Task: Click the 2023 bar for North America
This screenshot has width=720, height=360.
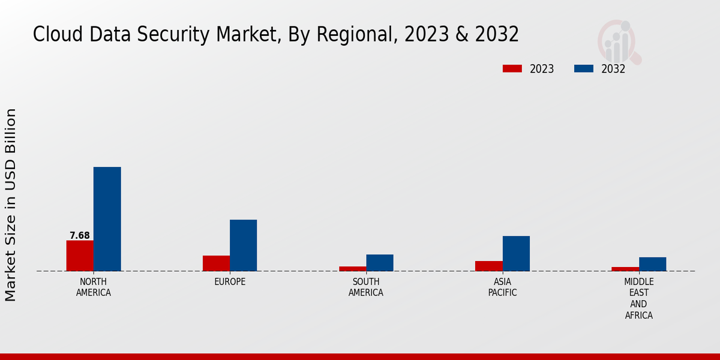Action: pyautogui.click(x=80, y=256)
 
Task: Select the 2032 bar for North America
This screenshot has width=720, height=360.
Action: pyautogui.click(x=107, y=219)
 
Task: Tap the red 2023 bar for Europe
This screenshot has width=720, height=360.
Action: pyautogui.click(x=216, y=263)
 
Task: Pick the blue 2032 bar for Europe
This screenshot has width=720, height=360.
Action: pyautogui.click(x=243, y=245)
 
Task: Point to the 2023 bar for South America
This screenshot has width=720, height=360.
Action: pyautogui.click(x=352, y=269)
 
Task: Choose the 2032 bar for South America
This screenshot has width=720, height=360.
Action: pyautogui.click(x=380, y=263)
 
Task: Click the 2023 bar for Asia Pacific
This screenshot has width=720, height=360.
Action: pyautogui.click(x=488, y=266)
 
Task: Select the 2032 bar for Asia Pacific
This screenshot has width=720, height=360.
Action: pyautogui.click(x=516, y=253)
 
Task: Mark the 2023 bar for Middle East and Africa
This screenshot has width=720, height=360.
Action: pyautogui.click(x=625, y=269)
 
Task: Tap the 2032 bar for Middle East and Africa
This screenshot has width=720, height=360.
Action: pyautogui.click(x=652, y=264)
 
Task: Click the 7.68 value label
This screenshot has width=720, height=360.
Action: pyautogui.click(x=80, y=235)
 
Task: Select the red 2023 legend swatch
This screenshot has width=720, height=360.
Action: pyautogui.click(x=512, y=68)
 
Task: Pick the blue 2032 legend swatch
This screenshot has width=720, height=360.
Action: pyautogui.click(x=583, y=68)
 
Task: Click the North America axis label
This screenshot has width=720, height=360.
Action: pyautogui.click(x=94, y=287)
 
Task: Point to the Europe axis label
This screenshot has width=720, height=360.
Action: pyautogui.click(x=230, y=282)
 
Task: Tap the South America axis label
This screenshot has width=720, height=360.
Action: pyautogui.click(x=366, y=287)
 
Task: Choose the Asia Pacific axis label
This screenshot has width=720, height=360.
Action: pyautogui.click(x=502, y=287)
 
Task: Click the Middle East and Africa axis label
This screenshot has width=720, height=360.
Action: pyautogui.click(x=638, y=298)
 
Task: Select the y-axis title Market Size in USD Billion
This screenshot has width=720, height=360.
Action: pyautogui.click(x=11, y=205)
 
